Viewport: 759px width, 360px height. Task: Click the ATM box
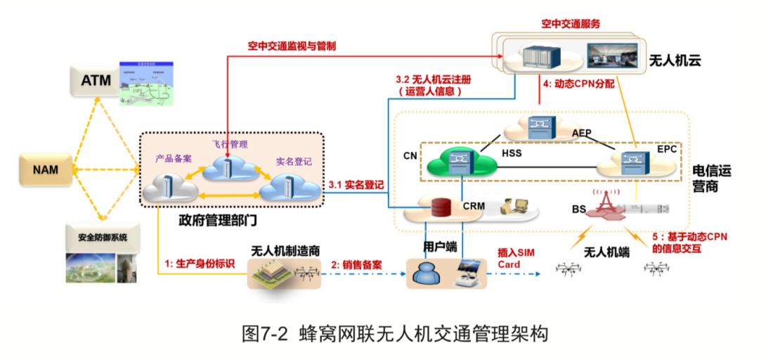(x=96, y=81)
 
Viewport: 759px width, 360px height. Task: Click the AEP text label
(x=582, y=132)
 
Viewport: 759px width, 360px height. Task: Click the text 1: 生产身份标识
(x=200, y=264)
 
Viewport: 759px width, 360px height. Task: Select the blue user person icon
(x=426, y=271)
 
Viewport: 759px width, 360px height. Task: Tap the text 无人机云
(x=675, y=60)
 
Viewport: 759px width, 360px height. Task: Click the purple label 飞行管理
(x=230, y=144)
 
